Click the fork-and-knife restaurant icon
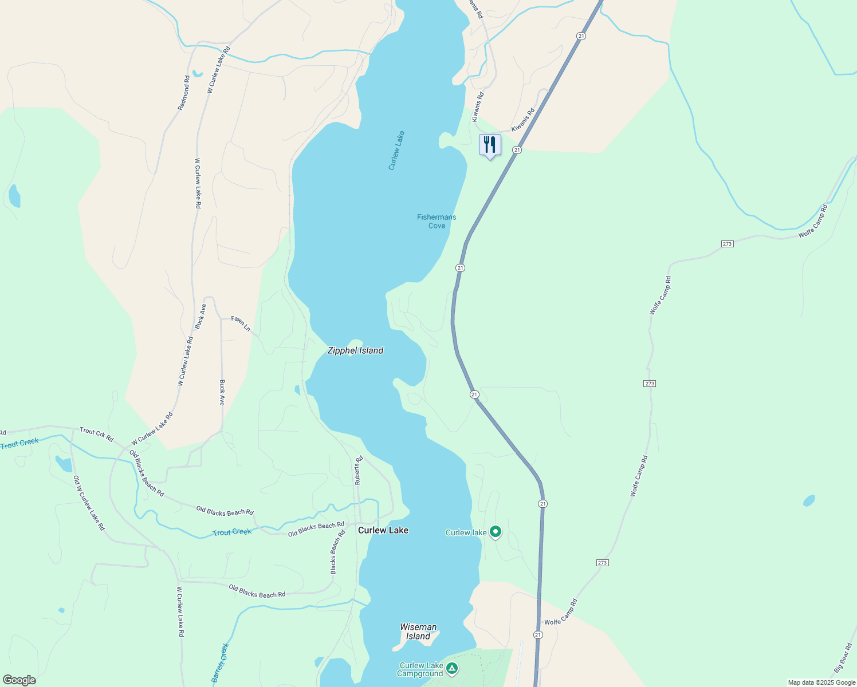(x=489, y=145)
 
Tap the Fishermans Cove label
(x=437, y=221)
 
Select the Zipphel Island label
(x=355, y=350)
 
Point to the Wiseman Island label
(x=418, y=631)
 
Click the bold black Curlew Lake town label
(x=383, y=530)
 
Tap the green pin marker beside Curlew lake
(x=496, y=532)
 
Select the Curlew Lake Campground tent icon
(x=452, y=668)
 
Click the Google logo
(x=19, y=680)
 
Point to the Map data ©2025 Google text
(x=821, y=682)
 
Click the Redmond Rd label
(x=184, y=93)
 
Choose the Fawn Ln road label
(x=241, y=323)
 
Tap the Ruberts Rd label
(x=359, y=470)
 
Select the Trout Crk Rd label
(x=96, y=434)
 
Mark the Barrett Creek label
(x=220, y=662)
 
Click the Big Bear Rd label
(x=843, y=658)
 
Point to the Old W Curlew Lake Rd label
(x=89, y=503)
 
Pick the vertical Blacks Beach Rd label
(x=337, y=552)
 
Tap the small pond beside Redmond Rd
(x=197, y=73)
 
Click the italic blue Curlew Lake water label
(x=396, y=151)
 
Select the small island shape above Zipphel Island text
(x=355, y=342)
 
